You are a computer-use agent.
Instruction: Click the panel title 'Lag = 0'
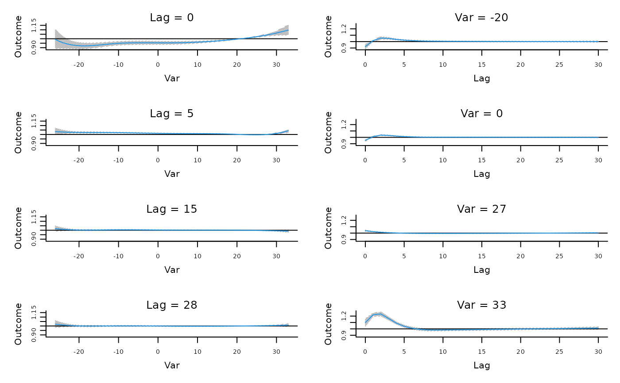172,18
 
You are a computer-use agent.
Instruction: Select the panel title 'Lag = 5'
172,113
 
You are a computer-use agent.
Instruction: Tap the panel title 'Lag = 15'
172,209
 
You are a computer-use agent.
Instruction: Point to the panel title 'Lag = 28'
172,305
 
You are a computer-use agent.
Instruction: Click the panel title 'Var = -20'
481,18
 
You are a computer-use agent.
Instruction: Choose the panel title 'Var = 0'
481,113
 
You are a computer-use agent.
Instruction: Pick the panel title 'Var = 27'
481,209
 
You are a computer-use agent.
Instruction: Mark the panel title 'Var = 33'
481,305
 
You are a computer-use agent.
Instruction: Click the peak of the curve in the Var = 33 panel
380,314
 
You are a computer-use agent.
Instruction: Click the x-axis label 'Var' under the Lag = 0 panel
172,78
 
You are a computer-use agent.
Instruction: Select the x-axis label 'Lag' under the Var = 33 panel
481,365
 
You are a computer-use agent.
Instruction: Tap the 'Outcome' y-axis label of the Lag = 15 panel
18,228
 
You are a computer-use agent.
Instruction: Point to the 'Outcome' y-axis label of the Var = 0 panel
328,132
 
